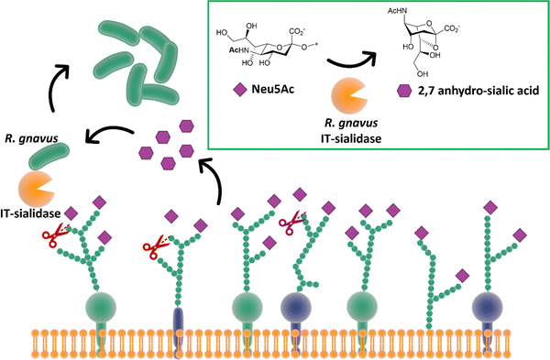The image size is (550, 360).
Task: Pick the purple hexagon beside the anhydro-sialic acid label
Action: [x=403, y=93]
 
